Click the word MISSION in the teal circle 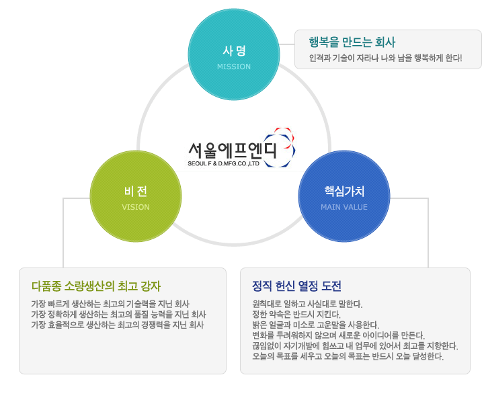[x=234, y=67]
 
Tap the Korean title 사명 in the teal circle [x=234, y=50]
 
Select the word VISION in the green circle [x=136, y=207]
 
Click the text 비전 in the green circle [x=136, y=192]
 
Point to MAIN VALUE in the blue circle [x=344, y=207]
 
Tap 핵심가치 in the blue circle [x=344, y=192]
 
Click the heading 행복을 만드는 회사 [x=352, y=42]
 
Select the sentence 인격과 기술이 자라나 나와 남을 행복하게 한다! [x=386, y=58]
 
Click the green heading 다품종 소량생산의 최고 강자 [x=96, y=286]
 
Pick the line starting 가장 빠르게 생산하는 [x=110, y=304]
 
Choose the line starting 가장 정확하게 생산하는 [x=118, y=315]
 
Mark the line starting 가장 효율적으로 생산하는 [x=117, y=325]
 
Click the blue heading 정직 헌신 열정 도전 [x=296, y=286]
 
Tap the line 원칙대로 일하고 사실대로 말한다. [x=307, y=304]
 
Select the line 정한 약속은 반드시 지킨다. [x=296, y=315]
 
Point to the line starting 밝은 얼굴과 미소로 [x=315, y=325]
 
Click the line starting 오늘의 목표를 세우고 [x=348, y=357]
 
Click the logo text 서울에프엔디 [x=233, y=150]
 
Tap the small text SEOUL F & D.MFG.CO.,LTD [x=223, y=163]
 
